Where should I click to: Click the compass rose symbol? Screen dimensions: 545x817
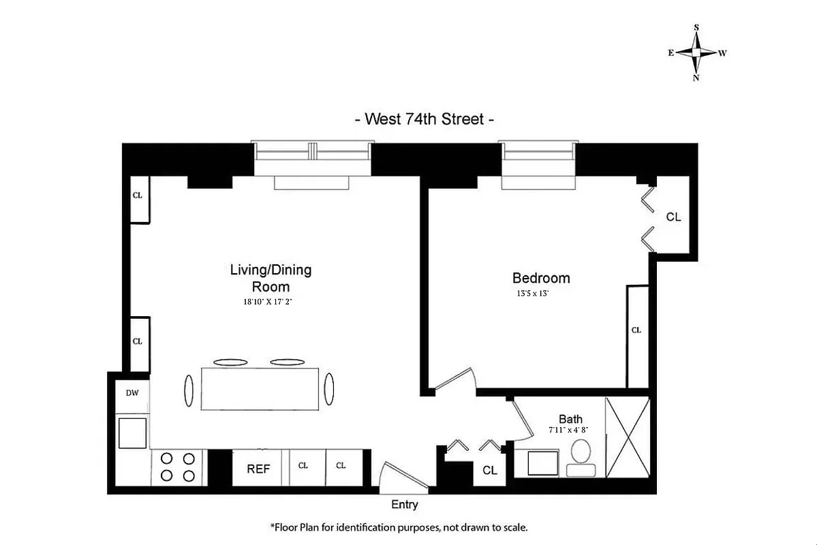[696, 52]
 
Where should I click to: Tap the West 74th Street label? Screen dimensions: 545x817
[424, 119]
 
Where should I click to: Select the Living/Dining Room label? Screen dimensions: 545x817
[271, 277]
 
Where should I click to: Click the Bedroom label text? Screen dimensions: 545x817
[541, 278]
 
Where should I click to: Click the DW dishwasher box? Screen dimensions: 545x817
[132, 393]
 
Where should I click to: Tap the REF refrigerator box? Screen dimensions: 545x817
[258, 468]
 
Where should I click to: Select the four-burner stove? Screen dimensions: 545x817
[178, 467]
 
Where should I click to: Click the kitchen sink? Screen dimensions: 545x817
[132, 433]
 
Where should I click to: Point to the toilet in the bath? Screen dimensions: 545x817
[581, 456]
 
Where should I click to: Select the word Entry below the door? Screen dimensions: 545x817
[404, 505]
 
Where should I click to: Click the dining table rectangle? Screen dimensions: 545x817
[260, 389]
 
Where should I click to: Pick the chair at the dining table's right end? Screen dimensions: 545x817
[329, 389]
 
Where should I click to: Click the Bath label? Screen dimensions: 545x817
[570, 419]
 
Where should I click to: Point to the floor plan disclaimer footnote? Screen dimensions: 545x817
[399, 527]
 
